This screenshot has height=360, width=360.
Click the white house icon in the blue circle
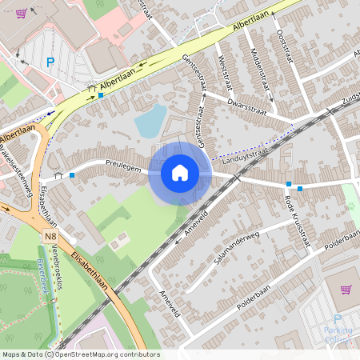(180, 172)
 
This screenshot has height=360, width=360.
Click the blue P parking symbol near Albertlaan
(50, 62)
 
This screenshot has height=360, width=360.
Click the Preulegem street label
(123, 169)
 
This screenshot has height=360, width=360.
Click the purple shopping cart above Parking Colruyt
(346, 289)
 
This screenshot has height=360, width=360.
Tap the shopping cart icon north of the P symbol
(21, 14)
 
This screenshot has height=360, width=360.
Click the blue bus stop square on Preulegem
(72, 174)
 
